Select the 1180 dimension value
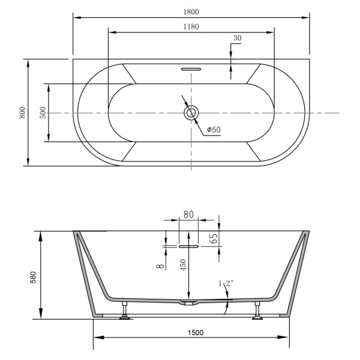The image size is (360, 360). tap(191, 26)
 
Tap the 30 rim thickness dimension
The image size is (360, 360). tap(237, 38)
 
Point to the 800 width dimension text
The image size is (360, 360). tap(22, 112)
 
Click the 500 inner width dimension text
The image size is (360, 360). tap(43, 112)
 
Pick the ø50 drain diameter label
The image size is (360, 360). tap(214, 130)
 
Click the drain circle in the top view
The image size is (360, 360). tap(191, 112)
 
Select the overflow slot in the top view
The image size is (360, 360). tap(191, 68)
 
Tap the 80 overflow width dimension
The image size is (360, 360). tap(188, 214)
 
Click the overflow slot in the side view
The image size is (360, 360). tap(188, 245)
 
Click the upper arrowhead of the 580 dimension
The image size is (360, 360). tap(41, 235)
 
